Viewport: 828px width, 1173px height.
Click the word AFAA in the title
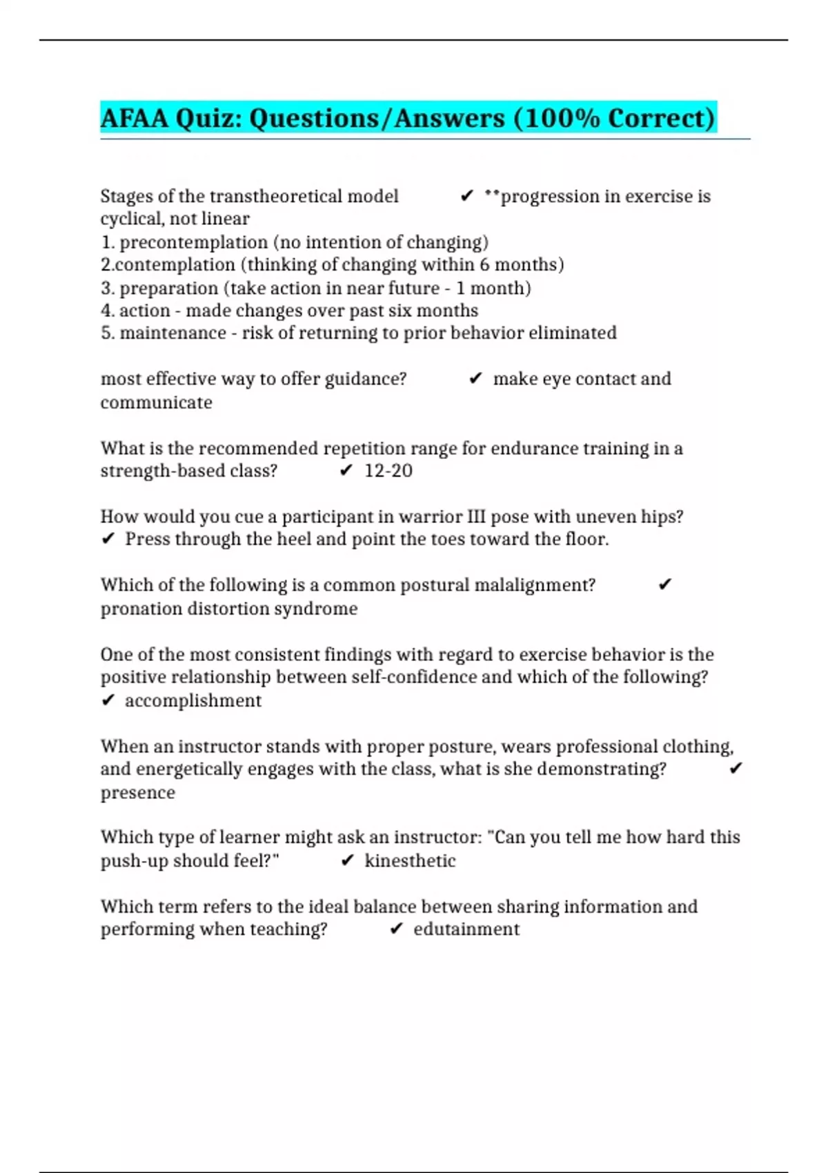[135, 118]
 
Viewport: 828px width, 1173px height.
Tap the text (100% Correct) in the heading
[614, 118]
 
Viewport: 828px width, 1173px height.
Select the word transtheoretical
[275, 197]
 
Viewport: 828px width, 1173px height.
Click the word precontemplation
[194, 242]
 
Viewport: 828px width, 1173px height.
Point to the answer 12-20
[388, 471]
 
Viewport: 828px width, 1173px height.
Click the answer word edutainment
[466, 929]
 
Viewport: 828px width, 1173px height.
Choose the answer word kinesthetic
[410, 861]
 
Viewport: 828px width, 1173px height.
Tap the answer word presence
[138, 793]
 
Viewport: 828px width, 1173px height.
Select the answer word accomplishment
[193, 701]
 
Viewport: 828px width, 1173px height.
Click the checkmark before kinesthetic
[348, 860]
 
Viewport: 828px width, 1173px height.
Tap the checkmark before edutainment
[396, 929]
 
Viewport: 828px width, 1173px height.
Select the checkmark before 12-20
[346, 471]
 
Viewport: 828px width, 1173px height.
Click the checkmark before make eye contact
[475, 379]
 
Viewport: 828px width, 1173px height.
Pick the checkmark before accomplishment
[108, 700]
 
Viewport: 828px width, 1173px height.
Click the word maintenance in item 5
[172, 333]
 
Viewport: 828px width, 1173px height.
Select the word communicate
[157, 403]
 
